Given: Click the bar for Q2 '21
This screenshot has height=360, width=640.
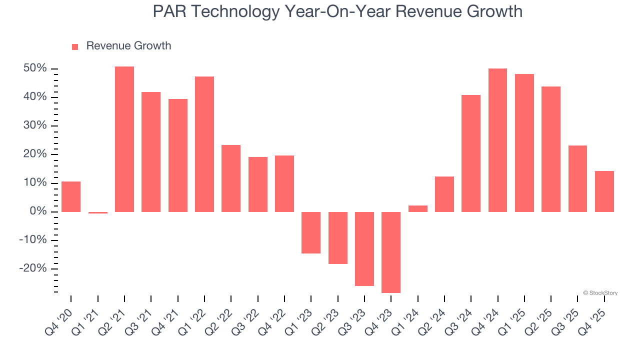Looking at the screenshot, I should pyautogui.click(x=124, y=139).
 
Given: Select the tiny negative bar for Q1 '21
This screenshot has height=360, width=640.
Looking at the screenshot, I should pyautogui.click(x=97, y=212).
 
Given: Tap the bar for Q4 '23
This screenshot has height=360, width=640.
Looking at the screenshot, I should pyautogui.click(x=391, y=252).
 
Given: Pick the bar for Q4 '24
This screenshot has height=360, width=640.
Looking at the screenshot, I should pyautogui.click(x=497, y=140).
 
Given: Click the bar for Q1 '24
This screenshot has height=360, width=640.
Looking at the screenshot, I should pyautogui.click(x=417, y=208).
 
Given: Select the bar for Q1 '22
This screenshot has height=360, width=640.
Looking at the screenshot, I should pyautogui.click(x=204, y=144).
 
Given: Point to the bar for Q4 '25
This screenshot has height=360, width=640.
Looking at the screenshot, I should pyautogui.click(x=604, y=191).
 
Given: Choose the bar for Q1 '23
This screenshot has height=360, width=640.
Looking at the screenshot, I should pyautogui.click(x=311, y=232).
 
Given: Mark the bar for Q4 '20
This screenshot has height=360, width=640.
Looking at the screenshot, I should pyautogui.click(x=71, y=196).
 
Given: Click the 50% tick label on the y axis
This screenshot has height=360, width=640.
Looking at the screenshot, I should pyautogui.click(x=35, y=68).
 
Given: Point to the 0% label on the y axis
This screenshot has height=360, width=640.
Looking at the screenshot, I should pyautogui.click(x=38, y=211).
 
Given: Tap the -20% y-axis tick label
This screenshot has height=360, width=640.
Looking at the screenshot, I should pyautogui.click(x=33, y=268).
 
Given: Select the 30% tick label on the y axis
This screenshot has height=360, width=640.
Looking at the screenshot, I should pyautogui.click(x=35, y=125).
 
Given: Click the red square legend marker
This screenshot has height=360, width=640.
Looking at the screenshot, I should pyautogui.click(x=75, y=46).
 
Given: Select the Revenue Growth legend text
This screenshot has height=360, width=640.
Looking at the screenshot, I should pyautogui.click(x=128, y=46).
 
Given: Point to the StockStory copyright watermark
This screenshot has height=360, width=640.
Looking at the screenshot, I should pyautogui.click(x=600, y=293).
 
